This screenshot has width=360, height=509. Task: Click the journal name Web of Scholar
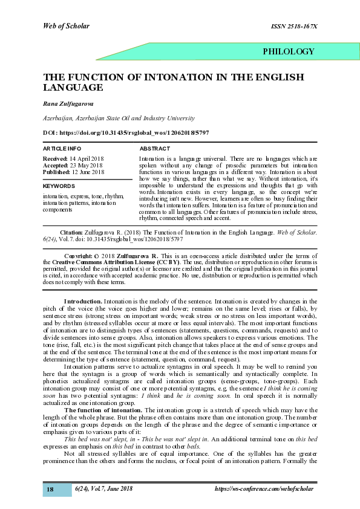coord(66,25)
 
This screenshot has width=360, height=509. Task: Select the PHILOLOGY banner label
coord(289,51)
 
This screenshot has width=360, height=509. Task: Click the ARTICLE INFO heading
coord(62,148)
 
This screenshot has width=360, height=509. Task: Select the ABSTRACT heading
coord(155,148)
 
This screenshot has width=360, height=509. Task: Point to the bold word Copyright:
coord(78,256)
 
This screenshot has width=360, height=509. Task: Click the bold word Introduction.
coord(83,300)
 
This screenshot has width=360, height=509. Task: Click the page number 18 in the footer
coord(51,489)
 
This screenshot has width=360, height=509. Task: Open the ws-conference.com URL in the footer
coord(264,488)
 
